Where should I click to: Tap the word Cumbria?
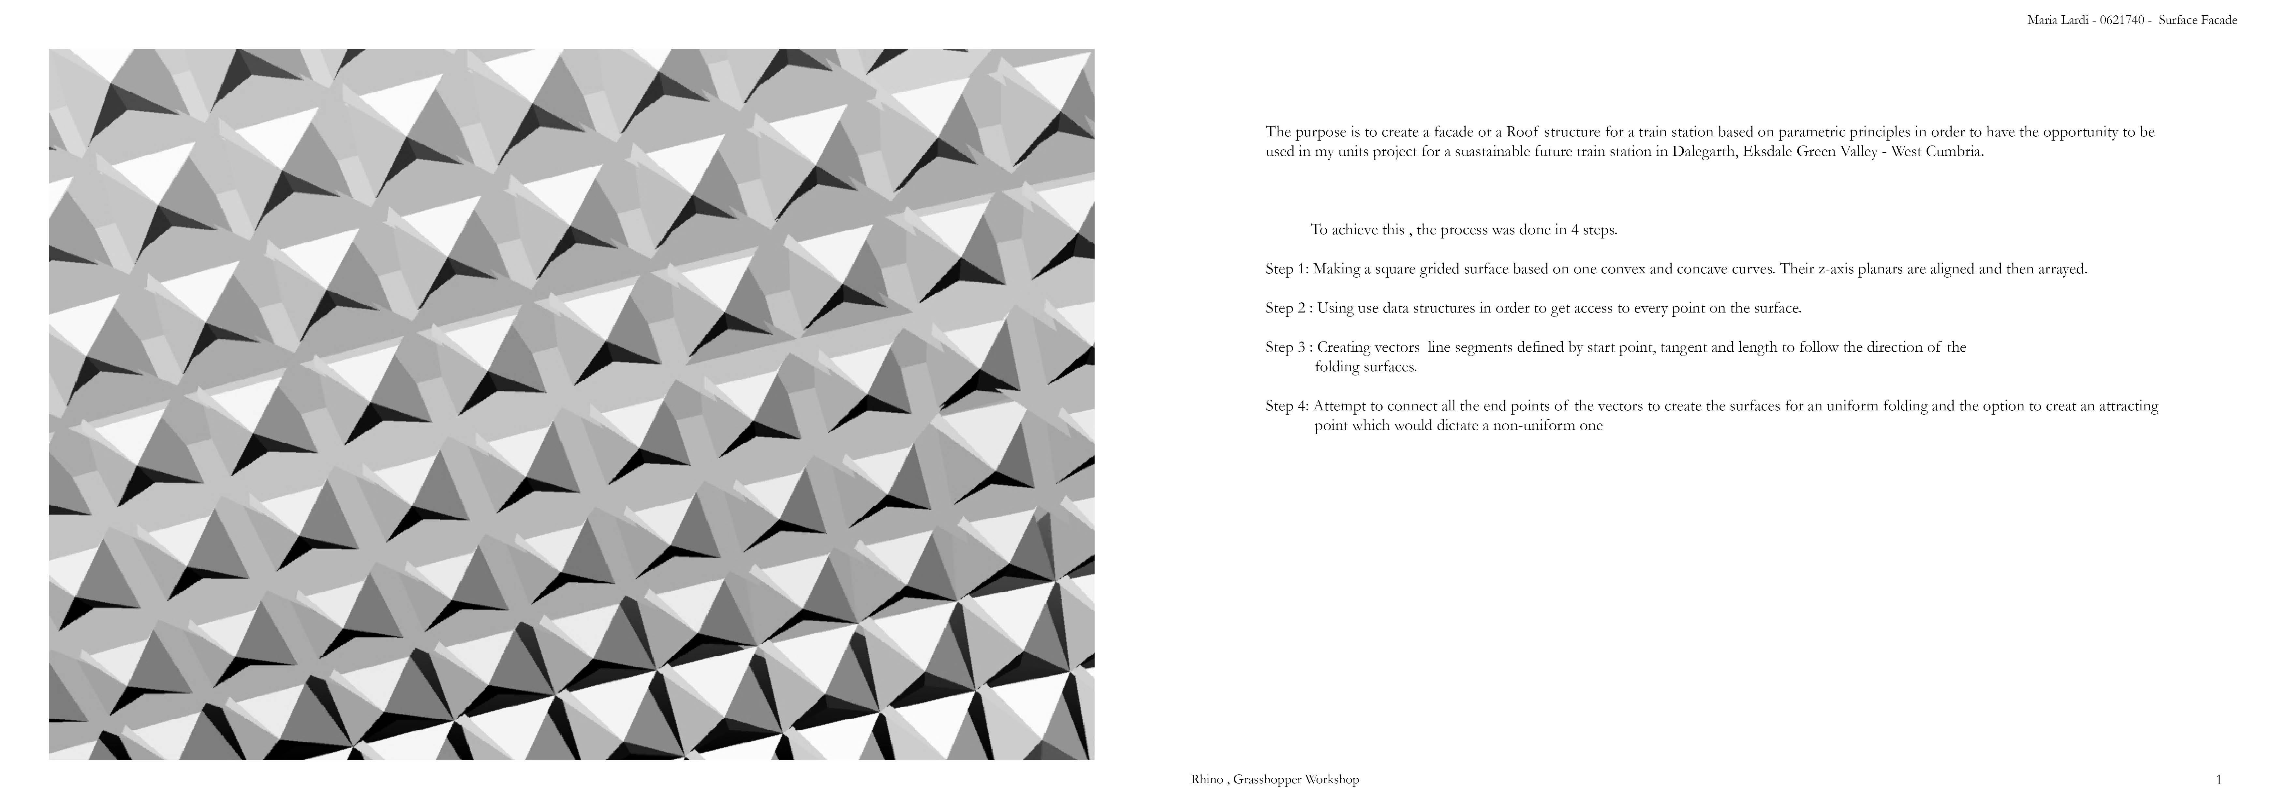point(1953,152)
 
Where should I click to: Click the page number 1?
point(2220,780)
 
